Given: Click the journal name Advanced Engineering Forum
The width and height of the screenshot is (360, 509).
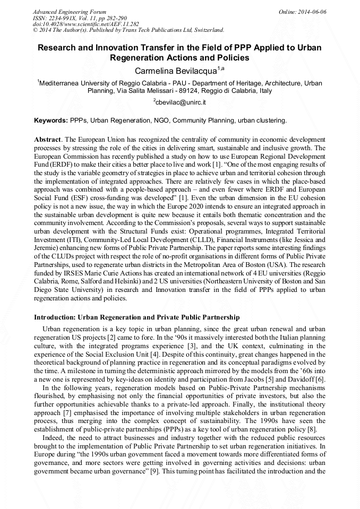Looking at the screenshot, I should pos(69,12).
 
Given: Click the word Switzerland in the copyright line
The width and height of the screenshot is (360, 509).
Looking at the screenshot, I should pos(205,30).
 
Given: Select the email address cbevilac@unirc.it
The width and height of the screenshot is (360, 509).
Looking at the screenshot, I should pos(181,102).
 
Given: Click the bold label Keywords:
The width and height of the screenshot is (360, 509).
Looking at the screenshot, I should pos(51,120).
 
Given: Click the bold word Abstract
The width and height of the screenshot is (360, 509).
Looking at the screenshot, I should pos(47,139).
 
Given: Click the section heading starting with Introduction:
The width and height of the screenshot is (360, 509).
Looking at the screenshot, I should pos(137,317).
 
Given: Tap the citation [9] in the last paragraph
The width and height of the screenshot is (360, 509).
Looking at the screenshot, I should pos(155,471).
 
